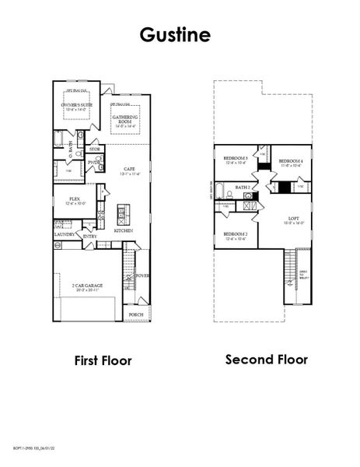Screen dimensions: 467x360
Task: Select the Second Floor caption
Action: point(266,360)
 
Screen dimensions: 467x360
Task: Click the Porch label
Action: point(136,314)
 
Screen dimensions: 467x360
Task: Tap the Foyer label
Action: point(142,275)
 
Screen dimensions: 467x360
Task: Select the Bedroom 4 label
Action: point(290,161)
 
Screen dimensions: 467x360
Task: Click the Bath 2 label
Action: point(243,188)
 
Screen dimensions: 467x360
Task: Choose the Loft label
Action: point(293,219)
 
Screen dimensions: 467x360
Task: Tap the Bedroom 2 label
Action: point(236,235)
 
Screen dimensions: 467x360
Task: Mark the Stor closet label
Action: point(95,149)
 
